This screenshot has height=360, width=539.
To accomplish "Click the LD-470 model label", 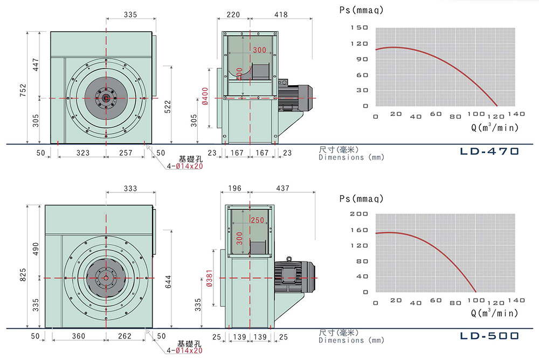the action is (x=489, y=151).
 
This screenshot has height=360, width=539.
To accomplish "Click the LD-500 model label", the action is (x=489, y=336).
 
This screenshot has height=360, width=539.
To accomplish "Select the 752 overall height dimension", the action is (x=23, y=90).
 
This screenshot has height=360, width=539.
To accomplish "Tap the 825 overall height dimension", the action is (x=23, y=275).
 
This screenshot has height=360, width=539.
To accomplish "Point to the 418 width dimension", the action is (x=281, y=15).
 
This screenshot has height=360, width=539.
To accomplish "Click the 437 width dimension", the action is (x=282, y=188).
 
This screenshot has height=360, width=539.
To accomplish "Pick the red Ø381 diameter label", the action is (x=209, y=278).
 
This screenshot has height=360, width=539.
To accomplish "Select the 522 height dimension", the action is (x=168, y=107).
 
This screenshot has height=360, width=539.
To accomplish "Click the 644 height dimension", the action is (x=168, y=282).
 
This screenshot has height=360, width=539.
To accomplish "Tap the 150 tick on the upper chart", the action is (x=359, y=27).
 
